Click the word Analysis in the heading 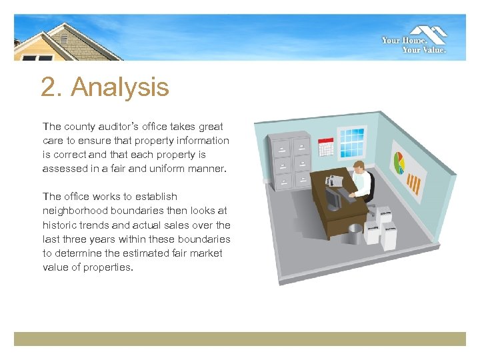click(120, 87)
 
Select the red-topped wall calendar click(326, 146)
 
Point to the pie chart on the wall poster click(400, 162)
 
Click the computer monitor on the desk click(333, 197)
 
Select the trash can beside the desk click(355, 233)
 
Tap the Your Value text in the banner click(424, 49)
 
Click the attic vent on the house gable click(65, 38)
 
